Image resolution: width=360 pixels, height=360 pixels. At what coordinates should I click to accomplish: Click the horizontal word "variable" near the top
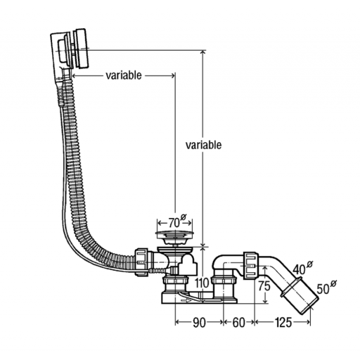coord(124,75)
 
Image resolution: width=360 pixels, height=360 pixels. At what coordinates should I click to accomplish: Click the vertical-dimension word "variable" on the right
coord(203,145)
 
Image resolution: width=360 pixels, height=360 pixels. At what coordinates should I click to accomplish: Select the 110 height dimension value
coord(202,283)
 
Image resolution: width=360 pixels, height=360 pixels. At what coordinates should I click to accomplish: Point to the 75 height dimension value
coord(264,286)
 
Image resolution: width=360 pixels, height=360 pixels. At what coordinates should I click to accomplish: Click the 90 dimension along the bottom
coord(199,323)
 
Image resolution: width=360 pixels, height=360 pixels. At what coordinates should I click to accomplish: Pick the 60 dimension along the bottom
coord(238,323)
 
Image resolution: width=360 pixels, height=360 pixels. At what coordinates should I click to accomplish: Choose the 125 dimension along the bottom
coord(283,323)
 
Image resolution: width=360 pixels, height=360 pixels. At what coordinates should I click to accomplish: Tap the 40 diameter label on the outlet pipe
coord(302,268)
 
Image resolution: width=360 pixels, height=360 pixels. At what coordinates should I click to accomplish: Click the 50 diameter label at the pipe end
coord(326,288)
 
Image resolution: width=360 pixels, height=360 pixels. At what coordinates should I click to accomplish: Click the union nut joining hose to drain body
coord(141,262)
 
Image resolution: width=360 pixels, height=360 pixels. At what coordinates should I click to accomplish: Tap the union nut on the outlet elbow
coord(251,266)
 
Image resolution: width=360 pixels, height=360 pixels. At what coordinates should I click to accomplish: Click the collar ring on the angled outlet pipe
coord(290,287)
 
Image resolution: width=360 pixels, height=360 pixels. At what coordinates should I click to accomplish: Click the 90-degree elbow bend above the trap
coord(221,261)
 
